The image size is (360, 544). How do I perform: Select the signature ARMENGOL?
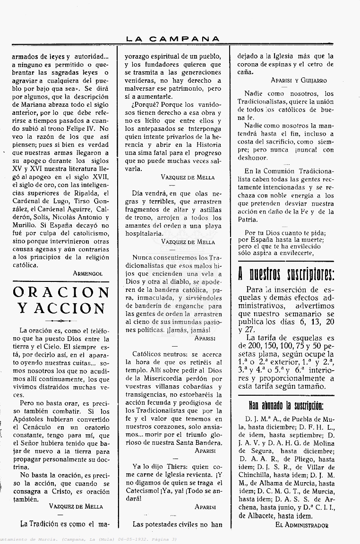[88, 273]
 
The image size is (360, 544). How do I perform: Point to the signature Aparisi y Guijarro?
[299, 80]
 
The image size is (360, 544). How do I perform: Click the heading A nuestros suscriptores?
[286, 274]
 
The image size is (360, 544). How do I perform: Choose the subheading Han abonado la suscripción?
[286, 406]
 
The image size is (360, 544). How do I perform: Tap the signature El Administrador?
[301, 525]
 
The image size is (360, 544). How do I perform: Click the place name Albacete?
[267, 516]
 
